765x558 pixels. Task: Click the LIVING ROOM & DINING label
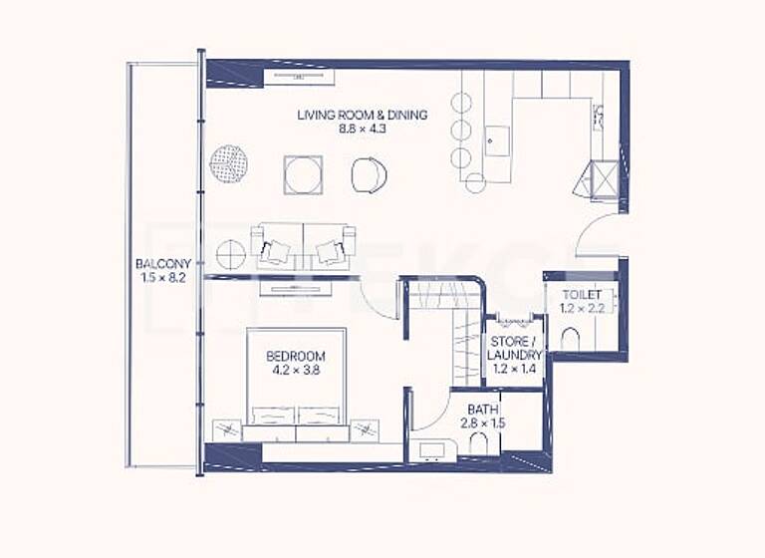click(362, 115)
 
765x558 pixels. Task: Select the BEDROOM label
click(295, 356)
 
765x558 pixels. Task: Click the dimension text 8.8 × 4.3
click(362, 129)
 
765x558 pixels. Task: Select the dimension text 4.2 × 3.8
click(295, 370)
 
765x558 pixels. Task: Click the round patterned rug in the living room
click(229, 163)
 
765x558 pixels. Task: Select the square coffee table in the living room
click(302, 174)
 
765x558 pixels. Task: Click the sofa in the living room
click(304, 244)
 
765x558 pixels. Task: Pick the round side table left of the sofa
click(230, 255)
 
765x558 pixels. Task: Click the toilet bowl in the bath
click(478, 444)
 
